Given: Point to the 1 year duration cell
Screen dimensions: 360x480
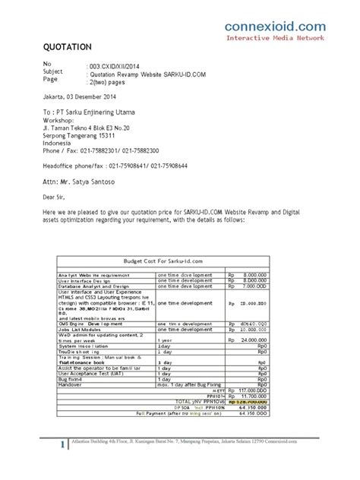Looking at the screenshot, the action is click(x=165, y=340).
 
